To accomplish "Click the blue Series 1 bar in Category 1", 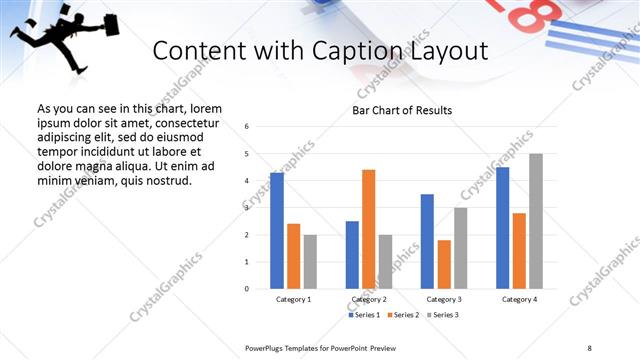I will click(x=277, y=231).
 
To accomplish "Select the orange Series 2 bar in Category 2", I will click(x=368, y=229).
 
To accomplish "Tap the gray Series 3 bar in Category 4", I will click(x=536, y=221).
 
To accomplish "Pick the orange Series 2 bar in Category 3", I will click(x=444, y=264).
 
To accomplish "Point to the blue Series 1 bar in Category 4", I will click(x=502, y=228).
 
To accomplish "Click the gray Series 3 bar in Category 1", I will click(x=310, y=262).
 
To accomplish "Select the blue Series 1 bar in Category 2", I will click(x=352, y=255).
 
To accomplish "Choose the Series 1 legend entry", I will click(x=363, y=315).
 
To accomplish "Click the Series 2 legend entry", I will click(x=402, y=315).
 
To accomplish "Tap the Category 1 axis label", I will click(x=293, y=299).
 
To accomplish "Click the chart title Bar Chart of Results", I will click(x=402, y=110).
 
